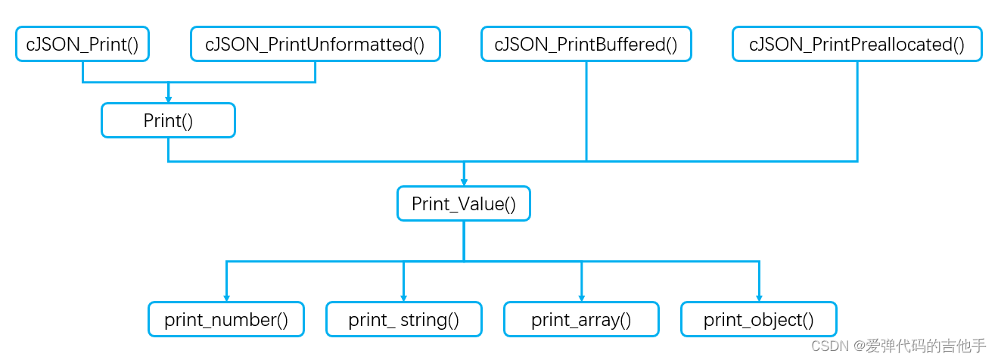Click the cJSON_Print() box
(x=82, y=45)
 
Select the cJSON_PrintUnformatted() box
(x=315, y=45)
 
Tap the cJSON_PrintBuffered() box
(x=586, y=45)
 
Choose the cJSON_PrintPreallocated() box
(x=857, y=45)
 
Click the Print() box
(x=168, y=121)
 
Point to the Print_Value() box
(x=463, y=204)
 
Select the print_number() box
(x=226, y=319)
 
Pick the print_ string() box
(x=403, y=319)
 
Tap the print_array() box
(x=581, y=319)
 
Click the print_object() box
(x=759, y=319)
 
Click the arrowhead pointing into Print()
(x=168, y=98)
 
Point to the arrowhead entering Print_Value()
(x=464, y=182)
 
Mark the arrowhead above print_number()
(x=226, y=297)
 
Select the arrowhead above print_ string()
(x=403, y=297)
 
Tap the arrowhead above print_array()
(x=581, y=297)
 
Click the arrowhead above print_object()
(x=759, y=297)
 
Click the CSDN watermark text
(x=898, y=346)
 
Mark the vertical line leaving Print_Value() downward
(x=464, y=241)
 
